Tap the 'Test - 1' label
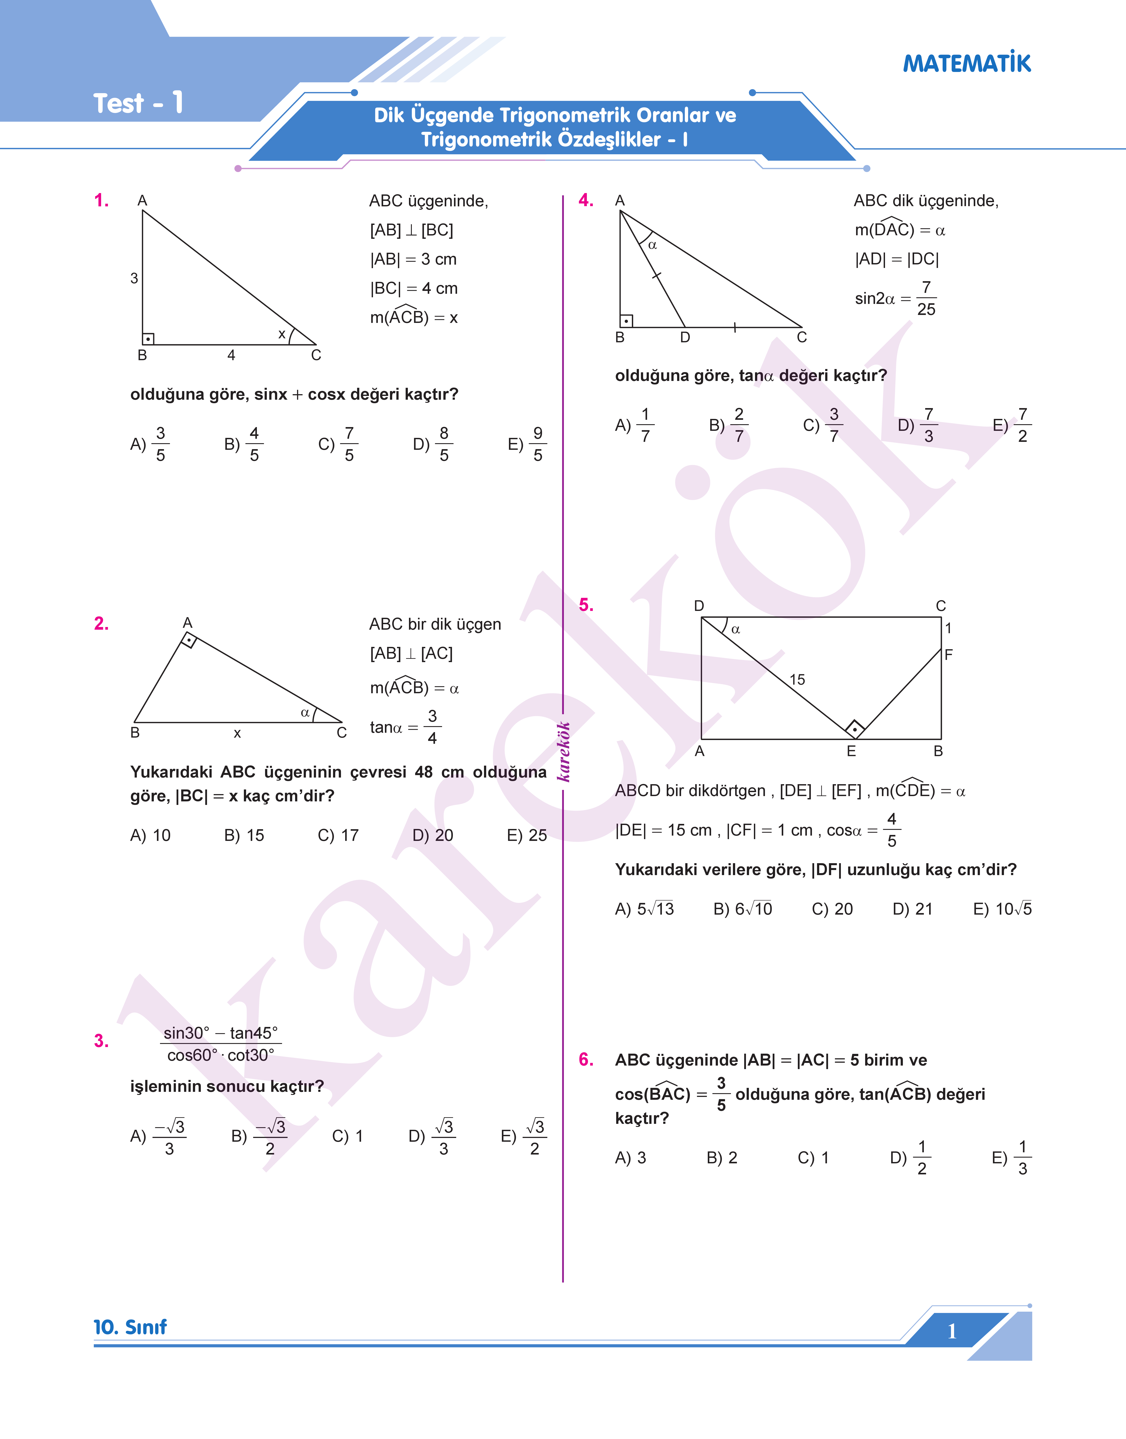(x=138, y=104)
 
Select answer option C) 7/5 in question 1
(x=337, y=444)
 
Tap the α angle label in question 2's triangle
(x=305, y=713)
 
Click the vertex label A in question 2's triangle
(x=187, y=623)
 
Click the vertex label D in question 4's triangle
(x=685, y=337)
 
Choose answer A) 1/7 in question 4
(x=634, y=425)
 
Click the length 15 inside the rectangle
(x=797, y=680)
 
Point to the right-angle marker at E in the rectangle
(x=854, y=729)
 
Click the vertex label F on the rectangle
(x=949, y=655)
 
